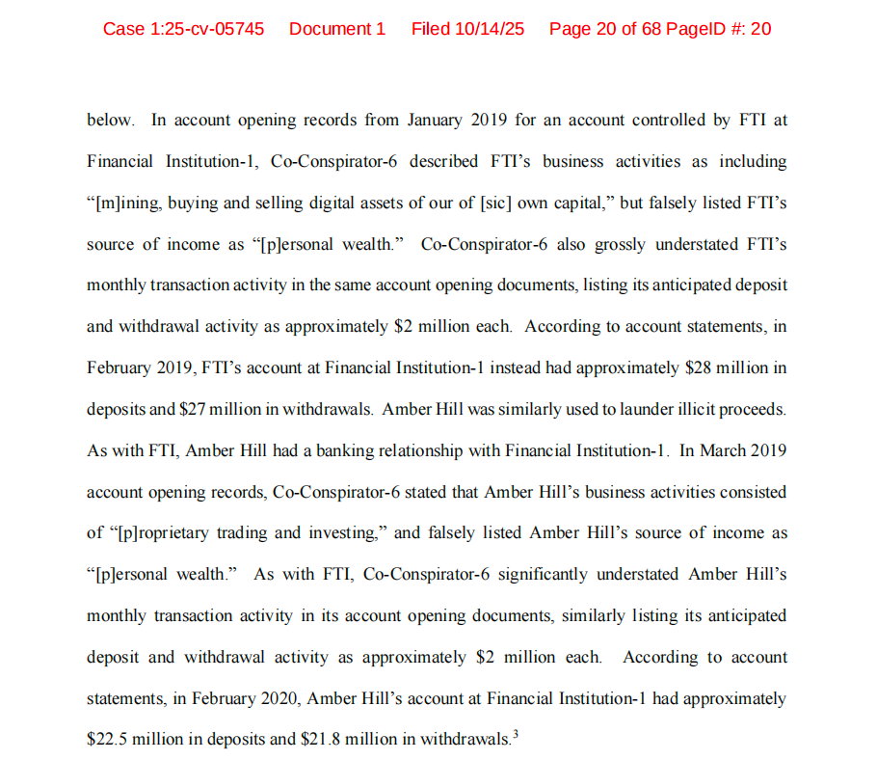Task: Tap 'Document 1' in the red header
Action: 337,29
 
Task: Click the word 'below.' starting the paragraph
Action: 110,121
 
